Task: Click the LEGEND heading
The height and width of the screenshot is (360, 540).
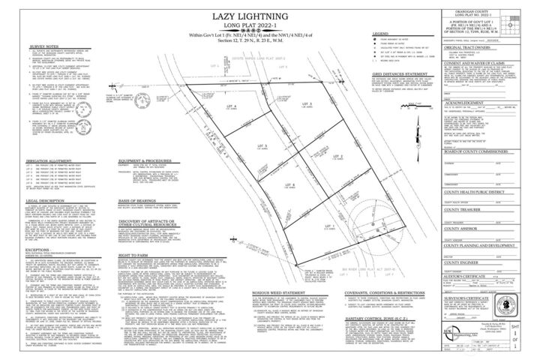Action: (379, 34)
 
